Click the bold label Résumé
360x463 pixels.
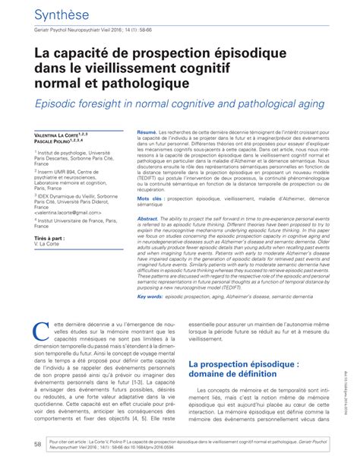pos(147,132)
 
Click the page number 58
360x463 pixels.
pos(37,444)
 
